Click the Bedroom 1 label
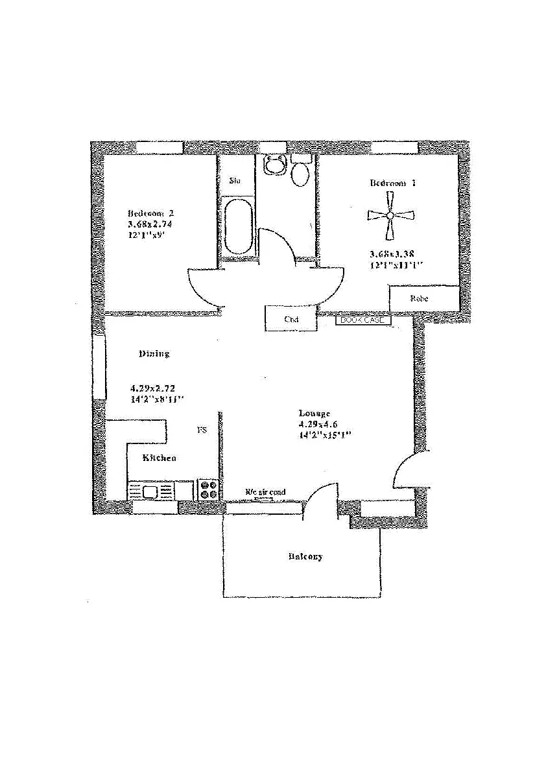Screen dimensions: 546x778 tap(393, 183)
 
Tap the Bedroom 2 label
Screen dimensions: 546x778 tap(150, 213)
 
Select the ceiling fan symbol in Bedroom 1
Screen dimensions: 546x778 tap(389, 216)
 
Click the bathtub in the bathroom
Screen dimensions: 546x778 tap(238, 226)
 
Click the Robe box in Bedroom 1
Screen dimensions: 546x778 tap(419, 299)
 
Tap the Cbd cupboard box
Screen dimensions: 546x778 tap(291, 319)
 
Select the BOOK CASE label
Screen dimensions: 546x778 tap(363, 320)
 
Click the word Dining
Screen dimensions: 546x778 tap(154, 354)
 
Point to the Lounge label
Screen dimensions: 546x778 tap(315, 413)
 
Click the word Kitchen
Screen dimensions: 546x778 tap(160, 458)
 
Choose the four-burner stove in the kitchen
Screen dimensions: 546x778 tap(208, 489)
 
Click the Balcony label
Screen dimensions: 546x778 tap(305, 557)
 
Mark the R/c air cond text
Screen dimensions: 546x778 tap(265, 492)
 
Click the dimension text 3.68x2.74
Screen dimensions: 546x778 tap(150, 224)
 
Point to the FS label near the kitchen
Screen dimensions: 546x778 tap(202, 430)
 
